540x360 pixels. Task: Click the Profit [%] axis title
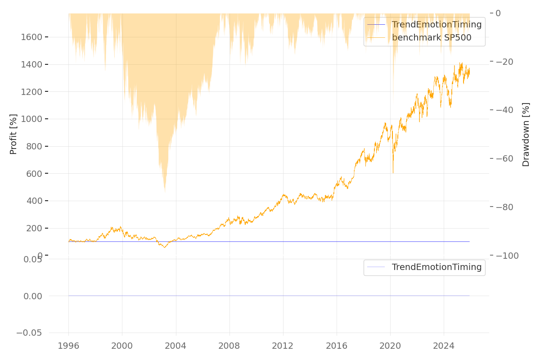click(13, 134)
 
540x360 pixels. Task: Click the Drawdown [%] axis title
click(526, 134)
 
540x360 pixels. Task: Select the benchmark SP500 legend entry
click(431, 38)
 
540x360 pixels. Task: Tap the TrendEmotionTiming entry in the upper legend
click(436, 25)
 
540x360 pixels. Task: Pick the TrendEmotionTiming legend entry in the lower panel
click(436, 267)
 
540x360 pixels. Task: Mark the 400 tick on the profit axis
click(34, 201)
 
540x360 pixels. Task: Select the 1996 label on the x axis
click(68, 346)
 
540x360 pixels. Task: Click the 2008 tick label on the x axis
click(229, 346)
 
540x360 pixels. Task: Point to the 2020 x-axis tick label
click(390, 346)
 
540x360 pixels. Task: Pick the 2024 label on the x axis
click(444, 346)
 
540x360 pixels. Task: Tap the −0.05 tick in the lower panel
click(29, 333)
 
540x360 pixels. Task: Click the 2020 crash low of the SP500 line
click(393, 173)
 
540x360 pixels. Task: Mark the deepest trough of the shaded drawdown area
click(165, 193)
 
